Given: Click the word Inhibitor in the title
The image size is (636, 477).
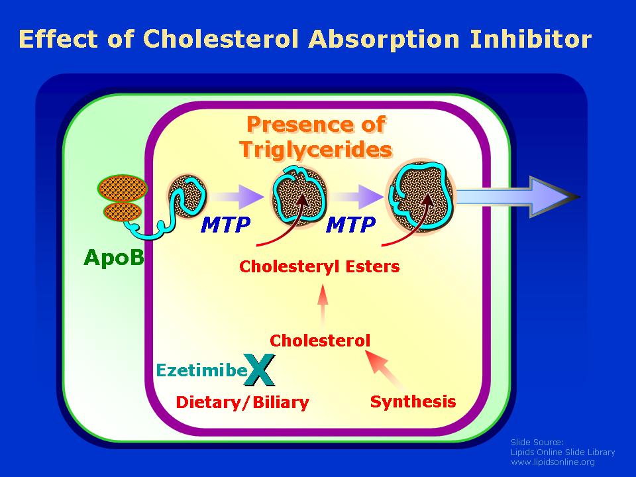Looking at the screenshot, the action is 531,39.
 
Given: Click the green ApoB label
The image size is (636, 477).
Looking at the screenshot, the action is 113,257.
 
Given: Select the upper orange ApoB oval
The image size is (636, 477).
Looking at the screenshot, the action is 123,188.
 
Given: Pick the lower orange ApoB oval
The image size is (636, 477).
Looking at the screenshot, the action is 123,212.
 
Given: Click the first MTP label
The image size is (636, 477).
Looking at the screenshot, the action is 225,225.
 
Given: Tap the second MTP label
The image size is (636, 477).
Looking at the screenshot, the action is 351,225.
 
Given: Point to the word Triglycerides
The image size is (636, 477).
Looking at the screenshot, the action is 316,149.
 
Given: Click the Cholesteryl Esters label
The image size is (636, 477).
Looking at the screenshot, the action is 319,266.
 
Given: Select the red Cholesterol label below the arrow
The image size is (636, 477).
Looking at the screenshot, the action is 320,341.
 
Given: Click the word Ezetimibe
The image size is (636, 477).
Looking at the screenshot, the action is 201,370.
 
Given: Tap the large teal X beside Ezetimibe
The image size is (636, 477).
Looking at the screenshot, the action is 260,370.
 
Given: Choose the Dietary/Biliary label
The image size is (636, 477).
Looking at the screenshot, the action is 242,402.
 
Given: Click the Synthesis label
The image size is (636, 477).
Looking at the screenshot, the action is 413,401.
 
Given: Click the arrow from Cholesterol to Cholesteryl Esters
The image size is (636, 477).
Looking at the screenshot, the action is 323,305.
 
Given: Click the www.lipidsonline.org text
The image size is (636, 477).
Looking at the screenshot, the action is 553,462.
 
